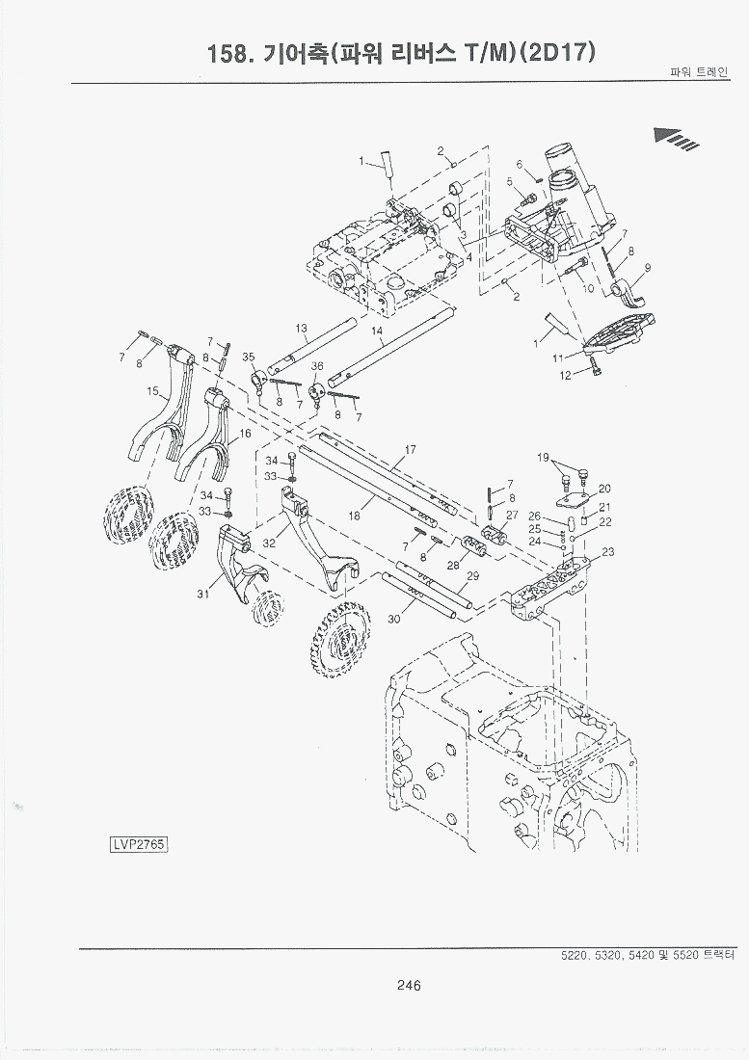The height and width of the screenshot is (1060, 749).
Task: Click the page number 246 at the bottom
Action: coord(408,985)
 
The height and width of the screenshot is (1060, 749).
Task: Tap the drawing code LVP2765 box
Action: coord(139,844)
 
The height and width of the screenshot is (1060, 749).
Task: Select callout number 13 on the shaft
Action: coord(301,329)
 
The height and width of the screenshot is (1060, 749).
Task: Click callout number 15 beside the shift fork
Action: coord(151,391)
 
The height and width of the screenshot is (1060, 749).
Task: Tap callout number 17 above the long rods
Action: coord(411,450)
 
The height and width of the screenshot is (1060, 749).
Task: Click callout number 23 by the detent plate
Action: coord(608,552)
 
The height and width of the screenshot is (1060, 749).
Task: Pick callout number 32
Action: coord(269,543)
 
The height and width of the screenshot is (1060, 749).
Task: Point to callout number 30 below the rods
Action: coord(393,620)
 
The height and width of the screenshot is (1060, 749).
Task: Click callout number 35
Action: coord(249,357)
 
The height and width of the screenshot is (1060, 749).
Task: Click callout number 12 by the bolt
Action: coord(566,375)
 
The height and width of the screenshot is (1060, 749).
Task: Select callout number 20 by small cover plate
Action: coord(604,489)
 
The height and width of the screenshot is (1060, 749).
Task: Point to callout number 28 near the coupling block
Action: coord(453,566)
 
